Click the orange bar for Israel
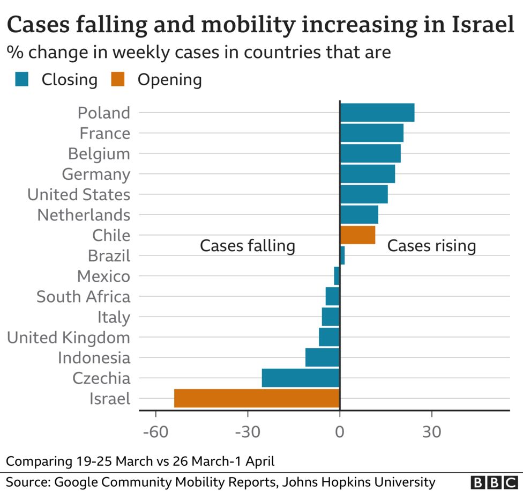point(257,398)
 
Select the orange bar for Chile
point(357,235)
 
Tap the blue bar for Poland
point(377,113)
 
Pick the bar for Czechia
point(301,378)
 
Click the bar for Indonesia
point(323,357)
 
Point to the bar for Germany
point(368,174)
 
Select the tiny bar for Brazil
point(342,255)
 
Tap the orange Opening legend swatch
point(117,80)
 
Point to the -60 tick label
point(155,431)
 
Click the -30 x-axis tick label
point(248,431)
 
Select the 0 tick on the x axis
point(340,431)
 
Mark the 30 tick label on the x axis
point(431,431)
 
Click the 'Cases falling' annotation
point(248,246)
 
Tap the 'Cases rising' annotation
point(431,246)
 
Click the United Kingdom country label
point(68,338)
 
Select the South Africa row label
point(83,296)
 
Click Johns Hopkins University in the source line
point(358,481)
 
